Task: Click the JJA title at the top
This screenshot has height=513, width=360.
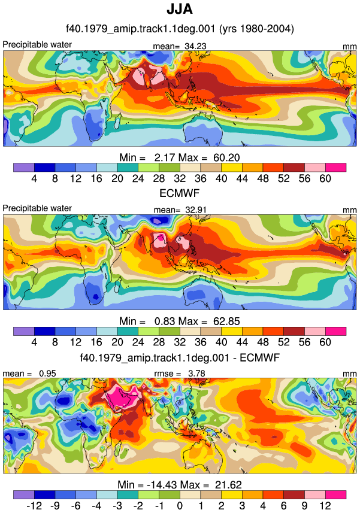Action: (x=180, y=9)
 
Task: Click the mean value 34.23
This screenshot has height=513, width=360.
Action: (x=195, y=47)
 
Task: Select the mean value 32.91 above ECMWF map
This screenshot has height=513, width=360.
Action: (x=196, y=210)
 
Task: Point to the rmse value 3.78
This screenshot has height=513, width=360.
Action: (x=196, y=374)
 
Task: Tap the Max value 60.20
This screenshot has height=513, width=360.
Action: (x=226, y=157)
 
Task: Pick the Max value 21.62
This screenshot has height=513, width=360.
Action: (x=228, y=484)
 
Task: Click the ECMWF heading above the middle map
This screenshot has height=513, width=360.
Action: (x=179, y=193)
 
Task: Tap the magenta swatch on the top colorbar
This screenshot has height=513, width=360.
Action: (x=335, y=168)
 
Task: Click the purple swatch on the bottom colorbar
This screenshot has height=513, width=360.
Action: (x=24, y=494)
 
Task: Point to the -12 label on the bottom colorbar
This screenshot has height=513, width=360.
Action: (x=34, y=506)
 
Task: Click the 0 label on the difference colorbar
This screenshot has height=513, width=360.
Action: (x=180, y=506)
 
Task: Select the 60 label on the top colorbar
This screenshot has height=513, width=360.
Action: (x=325, y=178)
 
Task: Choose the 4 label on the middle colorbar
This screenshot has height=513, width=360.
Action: (x=34, y=342)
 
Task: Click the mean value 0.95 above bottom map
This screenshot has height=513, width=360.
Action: (x=47, y=374)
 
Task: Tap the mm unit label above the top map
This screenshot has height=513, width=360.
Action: (x=350, y=47)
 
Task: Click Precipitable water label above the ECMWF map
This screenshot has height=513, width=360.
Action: (x=37, y=208)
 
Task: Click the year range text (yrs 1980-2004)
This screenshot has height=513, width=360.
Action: (x=256, y=29)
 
